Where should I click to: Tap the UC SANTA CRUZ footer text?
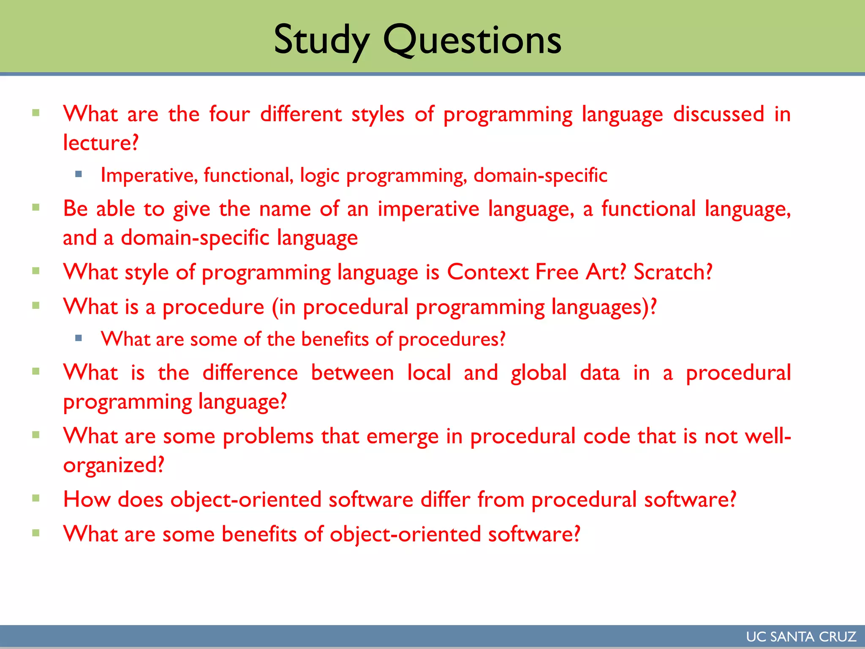[801, 637]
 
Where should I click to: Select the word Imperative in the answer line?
[149, 175]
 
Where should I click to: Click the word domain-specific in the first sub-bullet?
[540, 175]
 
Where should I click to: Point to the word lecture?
[101, 143]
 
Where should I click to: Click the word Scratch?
[673, 272]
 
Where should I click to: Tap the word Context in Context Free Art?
[487, 272]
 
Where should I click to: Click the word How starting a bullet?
[87, 499]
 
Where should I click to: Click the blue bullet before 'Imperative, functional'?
[78, 174]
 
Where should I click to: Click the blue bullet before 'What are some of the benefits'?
[78, 338]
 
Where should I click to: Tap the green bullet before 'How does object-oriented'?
[36, 498]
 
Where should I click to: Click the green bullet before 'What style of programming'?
[36, 271]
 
